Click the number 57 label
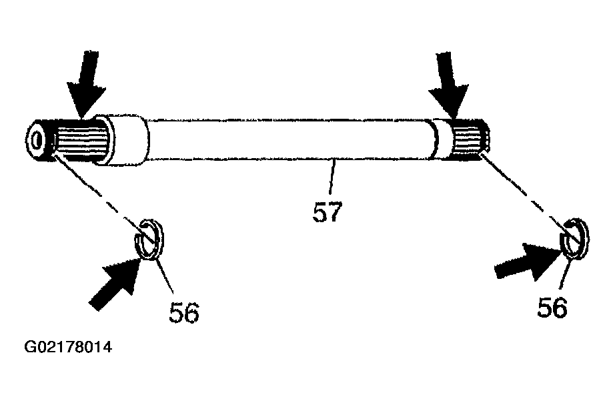pyautogui.click(x=328, y=212)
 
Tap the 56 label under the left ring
pyautogui.click(x=184, y=312)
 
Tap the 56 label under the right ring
pyautogui.click(x=552, y=307)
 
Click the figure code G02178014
pyautogui.click(x=68, y=347)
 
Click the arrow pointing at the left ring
pyautogui.click(x=116, y=282)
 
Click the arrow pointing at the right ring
pyautogui.click(x=528, y=262)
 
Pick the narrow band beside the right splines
pyautogui.click(x=442, y=139)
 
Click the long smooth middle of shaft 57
pyautogui.click(x=289, y=139)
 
